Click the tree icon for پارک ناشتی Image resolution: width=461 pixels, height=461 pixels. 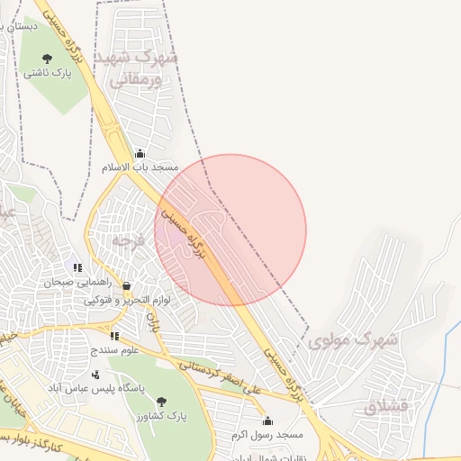pos(47,59)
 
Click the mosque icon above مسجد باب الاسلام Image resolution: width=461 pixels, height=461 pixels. pos(139,154)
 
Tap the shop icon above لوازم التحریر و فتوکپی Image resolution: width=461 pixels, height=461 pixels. pos(126,286)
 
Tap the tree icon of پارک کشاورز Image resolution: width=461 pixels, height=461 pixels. pos(160,402)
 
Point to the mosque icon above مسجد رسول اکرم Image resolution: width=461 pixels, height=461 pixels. pos(267,420)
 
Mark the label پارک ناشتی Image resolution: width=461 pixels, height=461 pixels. pos(48,73)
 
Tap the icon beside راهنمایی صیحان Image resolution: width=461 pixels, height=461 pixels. pos(77,267)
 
